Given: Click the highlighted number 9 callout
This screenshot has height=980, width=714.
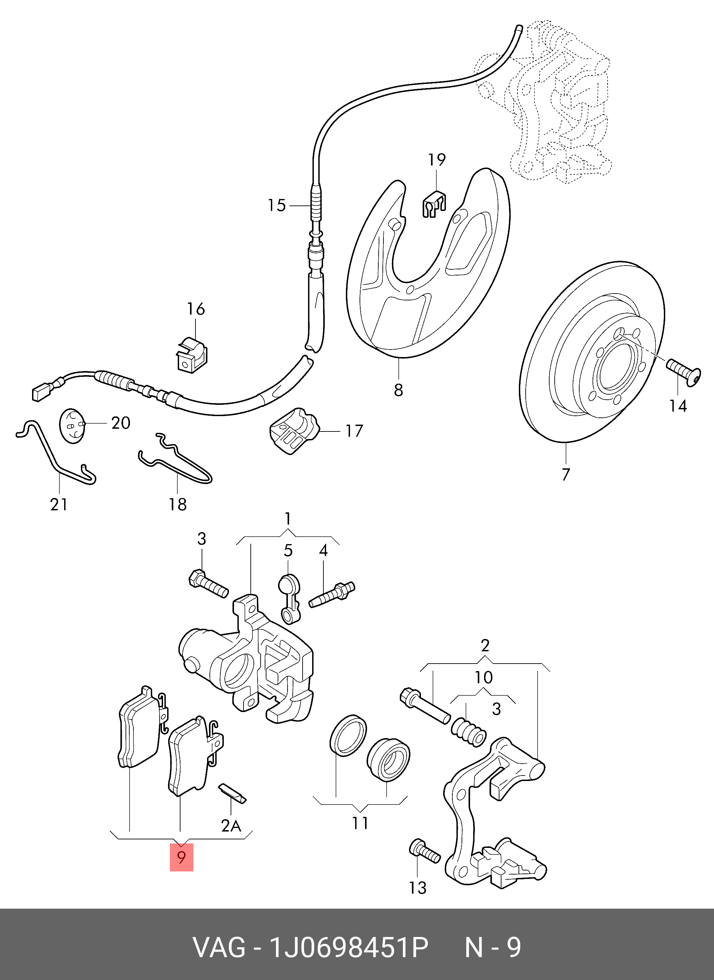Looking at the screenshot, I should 181,857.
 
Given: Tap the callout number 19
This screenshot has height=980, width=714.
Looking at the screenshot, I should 437,160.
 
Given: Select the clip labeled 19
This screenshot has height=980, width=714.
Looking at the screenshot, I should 434,204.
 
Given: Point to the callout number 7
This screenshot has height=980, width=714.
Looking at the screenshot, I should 566,474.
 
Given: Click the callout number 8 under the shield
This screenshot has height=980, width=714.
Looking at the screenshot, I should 398,390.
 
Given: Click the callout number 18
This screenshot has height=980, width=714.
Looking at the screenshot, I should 177,504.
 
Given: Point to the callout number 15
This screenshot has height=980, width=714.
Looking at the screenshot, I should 277,205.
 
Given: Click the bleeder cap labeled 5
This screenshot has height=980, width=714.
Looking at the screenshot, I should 288,599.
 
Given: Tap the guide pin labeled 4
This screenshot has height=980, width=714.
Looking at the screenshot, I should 332,595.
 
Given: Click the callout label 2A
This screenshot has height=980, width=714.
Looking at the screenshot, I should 231,826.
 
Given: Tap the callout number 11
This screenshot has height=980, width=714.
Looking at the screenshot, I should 360,823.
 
